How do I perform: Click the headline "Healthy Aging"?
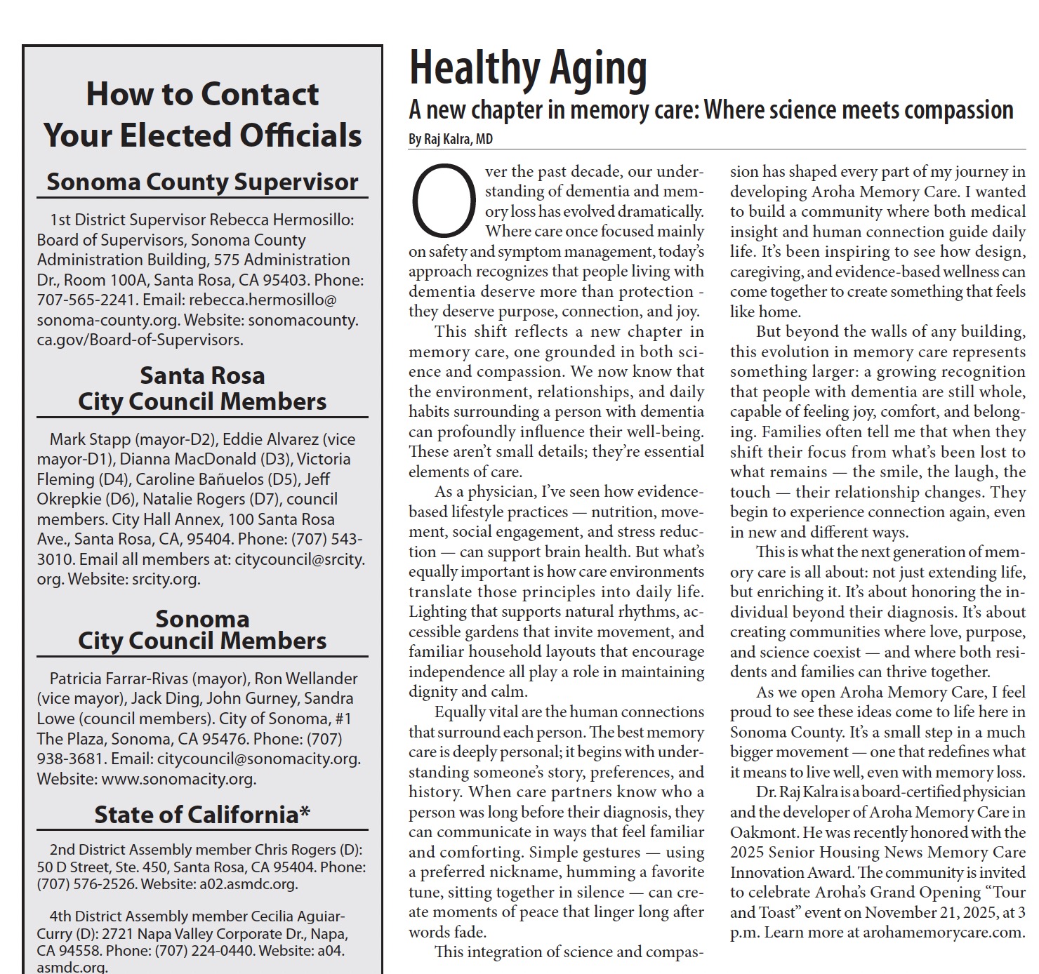(528, 69)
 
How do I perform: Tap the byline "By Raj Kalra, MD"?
(451, 139)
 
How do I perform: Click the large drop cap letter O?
(442, 201)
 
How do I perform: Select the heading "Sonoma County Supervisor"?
(202, 182)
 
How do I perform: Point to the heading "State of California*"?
(202, 814)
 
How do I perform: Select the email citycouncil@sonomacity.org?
(258, 759)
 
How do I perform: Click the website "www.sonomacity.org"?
(178, 778)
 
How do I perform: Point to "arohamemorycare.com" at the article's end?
(944, 933)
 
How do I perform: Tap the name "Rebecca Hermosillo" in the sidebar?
(281, 220)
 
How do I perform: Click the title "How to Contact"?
(202, 94)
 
